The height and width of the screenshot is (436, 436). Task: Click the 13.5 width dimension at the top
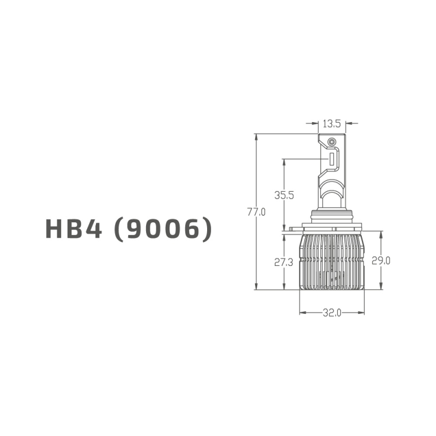pos(331,124)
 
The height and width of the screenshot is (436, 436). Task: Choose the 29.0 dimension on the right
pos(380,261)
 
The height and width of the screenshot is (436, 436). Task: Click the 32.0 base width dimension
pos(331,313)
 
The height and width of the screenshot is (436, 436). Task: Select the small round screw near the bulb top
pos(331,142)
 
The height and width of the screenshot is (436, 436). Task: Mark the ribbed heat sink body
pos(331,262)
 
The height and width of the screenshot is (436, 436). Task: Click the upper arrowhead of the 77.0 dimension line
pos(256,137)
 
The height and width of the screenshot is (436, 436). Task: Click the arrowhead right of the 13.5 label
pos(348,124)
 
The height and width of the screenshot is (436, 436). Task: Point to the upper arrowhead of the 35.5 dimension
pos(284,162)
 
